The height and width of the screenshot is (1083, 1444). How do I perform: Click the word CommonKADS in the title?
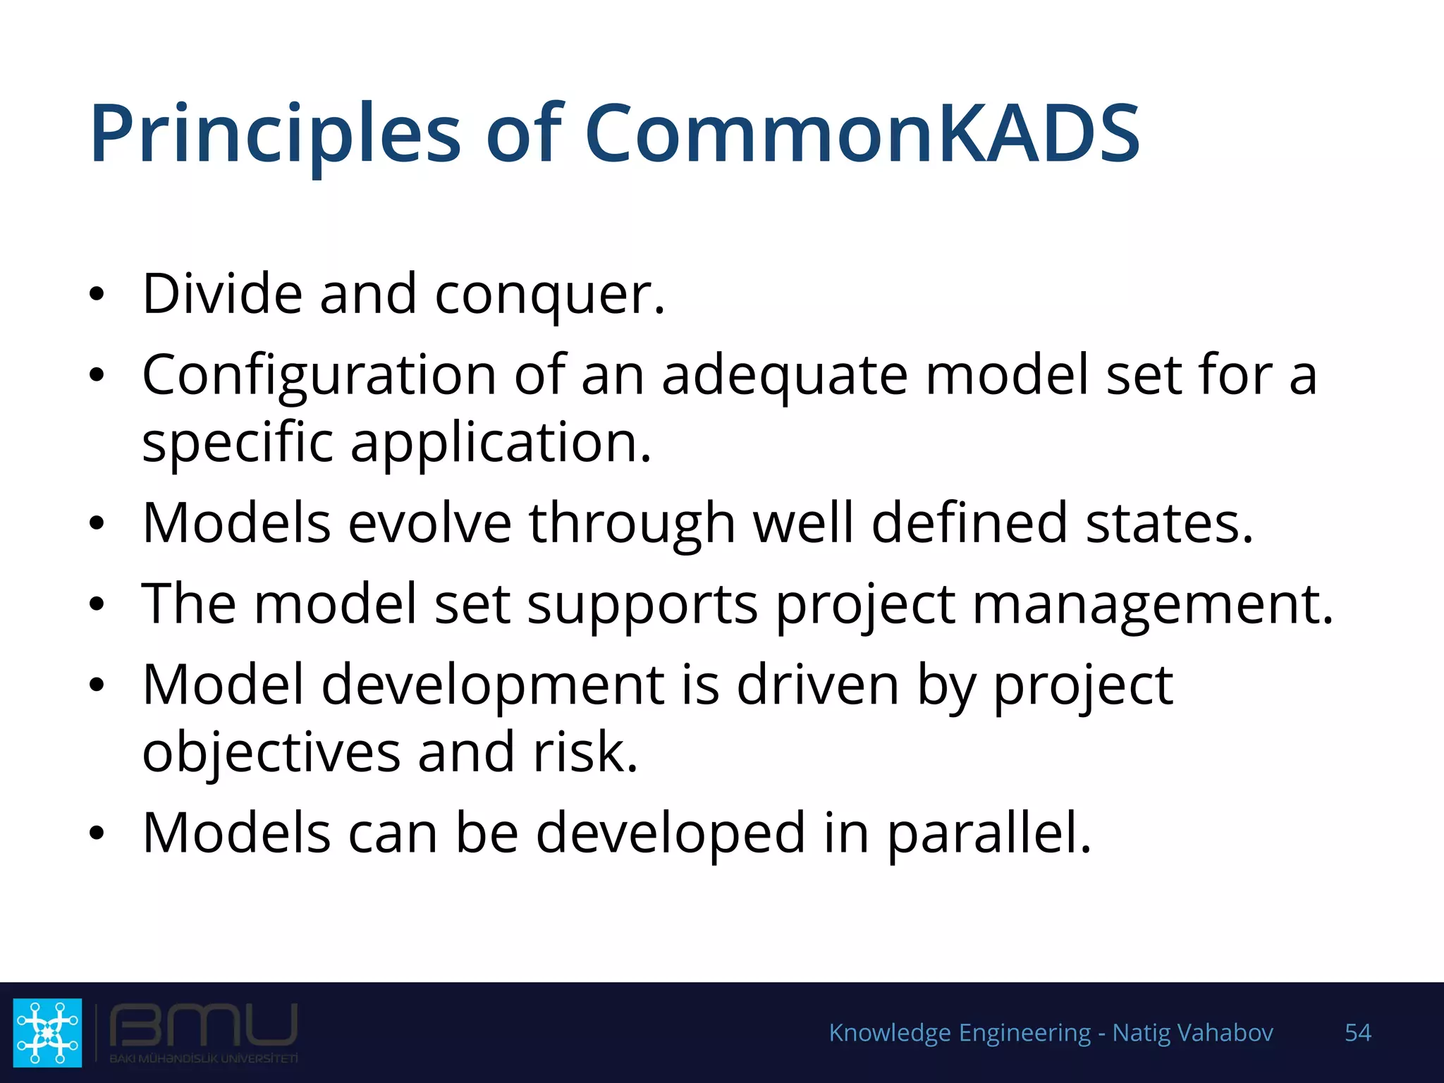pos(862,134)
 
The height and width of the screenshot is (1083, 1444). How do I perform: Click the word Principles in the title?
pos(275,134)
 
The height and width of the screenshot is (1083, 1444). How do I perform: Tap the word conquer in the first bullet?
pos(549,295)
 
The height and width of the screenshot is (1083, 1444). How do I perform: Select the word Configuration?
pos(319,376)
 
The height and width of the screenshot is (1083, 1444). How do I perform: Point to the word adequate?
pos(784,376)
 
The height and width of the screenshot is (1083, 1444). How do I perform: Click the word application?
pos(501,443)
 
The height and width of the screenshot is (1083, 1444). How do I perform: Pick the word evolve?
pos(429,523)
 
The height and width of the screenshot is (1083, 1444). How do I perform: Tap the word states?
pos(1169,523)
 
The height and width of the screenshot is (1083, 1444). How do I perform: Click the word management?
pos(1152,605)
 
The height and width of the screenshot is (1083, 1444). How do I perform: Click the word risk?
pos(585,752)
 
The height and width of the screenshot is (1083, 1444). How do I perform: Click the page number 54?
pos(1357,1033)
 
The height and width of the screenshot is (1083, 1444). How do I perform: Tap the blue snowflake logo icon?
pos(47,1032)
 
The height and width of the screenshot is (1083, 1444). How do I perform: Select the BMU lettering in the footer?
pos(203,1026)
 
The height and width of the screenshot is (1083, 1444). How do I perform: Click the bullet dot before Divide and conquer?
pos(97,295)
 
